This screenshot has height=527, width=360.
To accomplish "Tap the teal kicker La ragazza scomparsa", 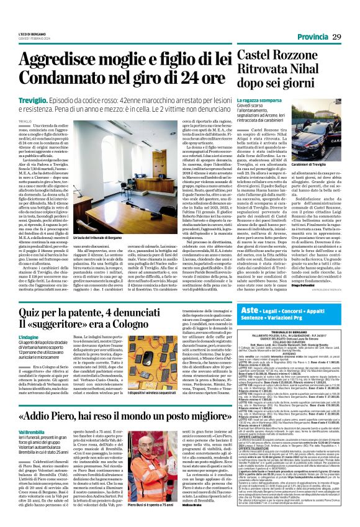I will pos(251,101).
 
